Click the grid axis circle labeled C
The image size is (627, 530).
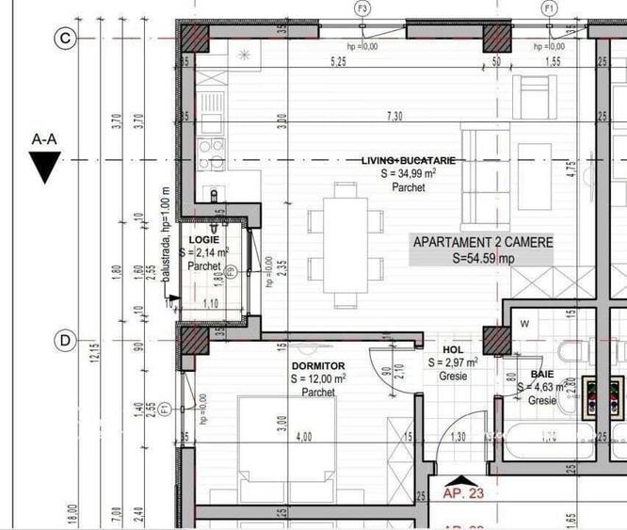(x=65, y=38)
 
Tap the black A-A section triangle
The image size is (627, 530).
(x=44, y=169)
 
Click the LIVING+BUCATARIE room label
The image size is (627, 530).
(x=408, y=161)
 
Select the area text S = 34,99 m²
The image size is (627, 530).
(x=408, y=174)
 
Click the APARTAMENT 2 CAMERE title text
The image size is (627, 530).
(x=483, y=243)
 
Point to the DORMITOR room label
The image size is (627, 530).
(x=318, y=365)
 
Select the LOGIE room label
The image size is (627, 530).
(x=203, y=241)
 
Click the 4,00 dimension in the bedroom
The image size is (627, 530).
(x=303, y=438)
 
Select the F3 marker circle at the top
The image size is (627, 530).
(x=362, y=8)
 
